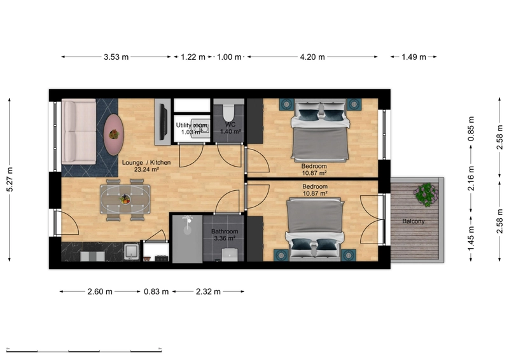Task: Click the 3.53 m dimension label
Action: click(x=116, y=57)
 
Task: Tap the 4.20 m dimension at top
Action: click(x=312, y=57)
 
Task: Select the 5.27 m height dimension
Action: click(x=9, y=179)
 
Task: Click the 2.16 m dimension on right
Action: click(x=471, y=179)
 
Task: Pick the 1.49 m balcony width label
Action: click(x=414, y=57)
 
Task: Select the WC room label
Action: click(x=230, y=125)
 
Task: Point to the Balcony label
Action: click(x=413, y=221)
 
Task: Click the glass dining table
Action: click(x=125, y=199)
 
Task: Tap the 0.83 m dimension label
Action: click(x=156, y=292)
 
